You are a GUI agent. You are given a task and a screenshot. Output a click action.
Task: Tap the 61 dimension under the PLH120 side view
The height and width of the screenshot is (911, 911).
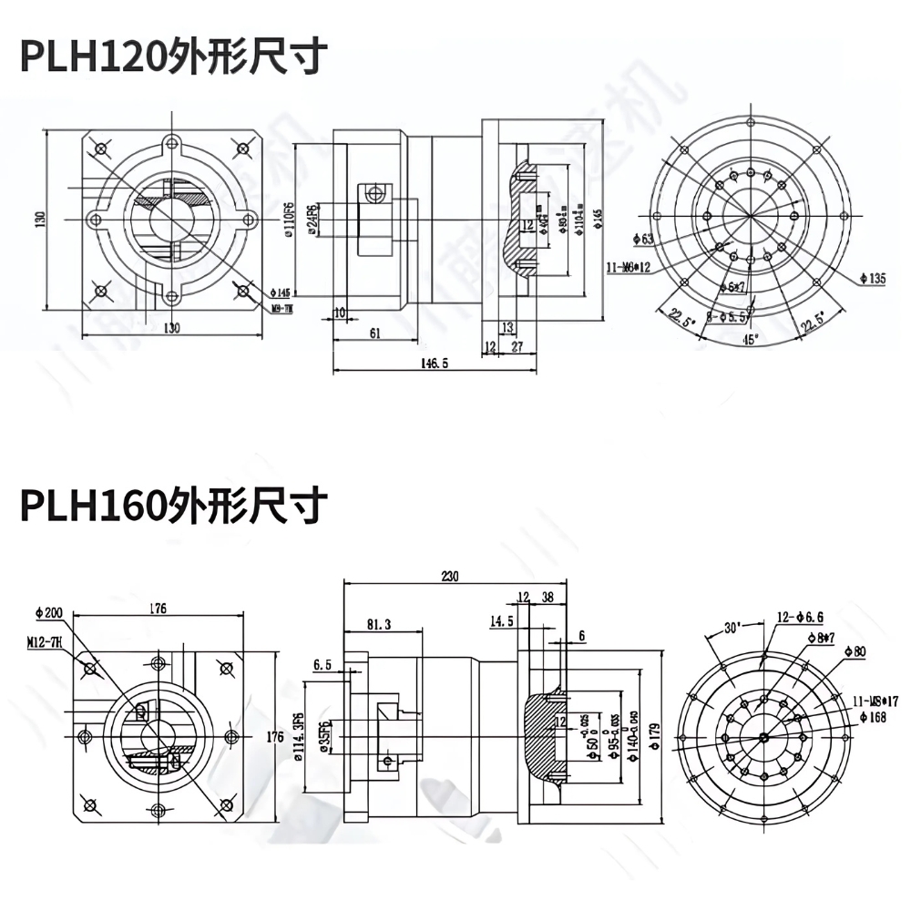pyautogui.click(x=374, y=333)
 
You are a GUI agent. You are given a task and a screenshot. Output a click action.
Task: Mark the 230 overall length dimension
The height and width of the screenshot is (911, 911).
pyautogui.click(x=451, y=577)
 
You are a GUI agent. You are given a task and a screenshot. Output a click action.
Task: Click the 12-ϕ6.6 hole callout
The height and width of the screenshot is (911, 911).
pyautogui.click(x=801, y=617)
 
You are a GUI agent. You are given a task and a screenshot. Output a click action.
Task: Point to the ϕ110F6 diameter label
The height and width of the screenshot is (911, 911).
pyautogui.click(x=289, y=221)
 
